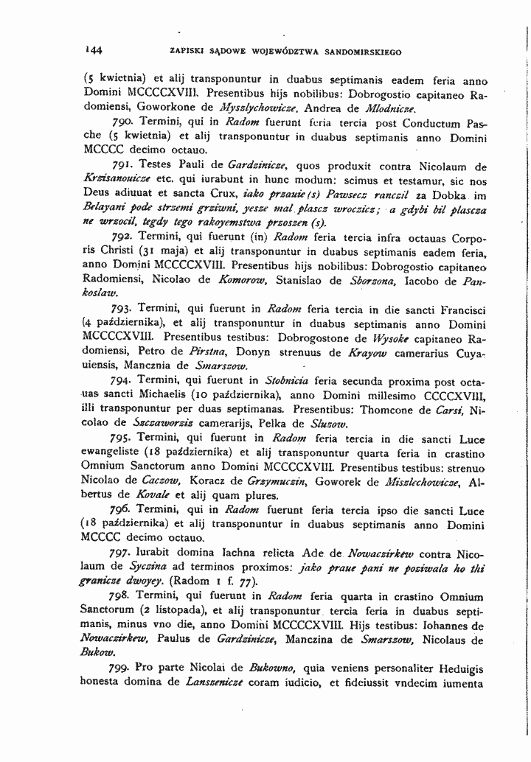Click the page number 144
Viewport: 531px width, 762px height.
coord(94,50)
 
